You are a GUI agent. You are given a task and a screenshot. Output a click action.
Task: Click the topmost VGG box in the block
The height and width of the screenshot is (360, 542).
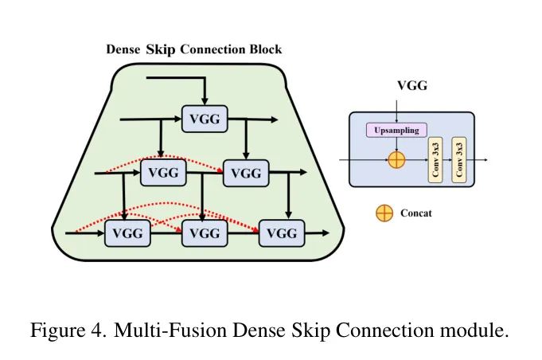205,119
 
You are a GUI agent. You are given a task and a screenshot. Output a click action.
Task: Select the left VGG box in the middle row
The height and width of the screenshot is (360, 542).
163,172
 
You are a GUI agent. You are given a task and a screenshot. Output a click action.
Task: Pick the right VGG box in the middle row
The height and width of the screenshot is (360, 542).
246,172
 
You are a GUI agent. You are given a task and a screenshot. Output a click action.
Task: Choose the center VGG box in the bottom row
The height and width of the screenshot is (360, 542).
205,233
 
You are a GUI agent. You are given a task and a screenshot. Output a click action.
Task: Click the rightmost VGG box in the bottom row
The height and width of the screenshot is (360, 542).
282,233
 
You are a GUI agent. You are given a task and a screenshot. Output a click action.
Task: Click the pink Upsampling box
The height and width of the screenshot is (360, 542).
396,130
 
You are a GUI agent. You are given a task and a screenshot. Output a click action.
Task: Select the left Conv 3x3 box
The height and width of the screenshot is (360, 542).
435,159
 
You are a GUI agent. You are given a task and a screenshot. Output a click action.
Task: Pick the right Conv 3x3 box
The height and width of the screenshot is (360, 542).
459,159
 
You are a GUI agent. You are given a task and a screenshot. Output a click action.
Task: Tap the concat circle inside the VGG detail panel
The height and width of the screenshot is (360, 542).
396,159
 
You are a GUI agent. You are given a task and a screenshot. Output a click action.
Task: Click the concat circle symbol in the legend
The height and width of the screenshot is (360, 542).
384,213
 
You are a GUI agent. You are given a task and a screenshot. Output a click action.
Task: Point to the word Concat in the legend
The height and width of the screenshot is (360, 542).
416,213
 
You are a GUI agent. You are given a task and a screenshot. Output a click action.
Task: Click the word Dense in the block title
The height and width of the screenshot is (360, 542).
124,49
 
